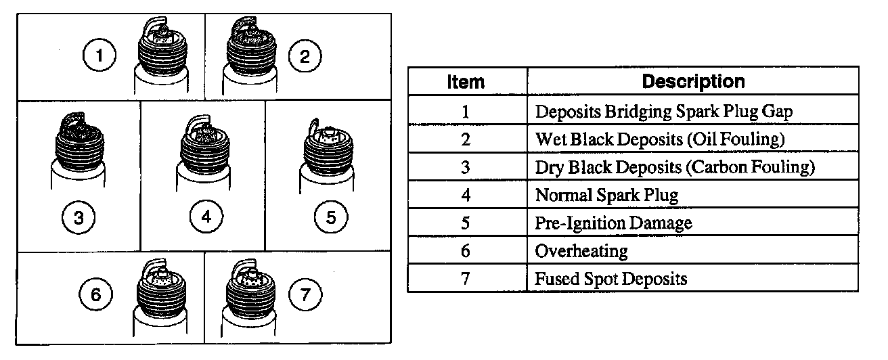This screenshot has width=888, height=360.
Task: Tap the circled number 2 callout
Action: coord(305,56)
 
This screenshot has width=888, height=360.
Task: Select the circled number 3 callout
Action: coord(79,218)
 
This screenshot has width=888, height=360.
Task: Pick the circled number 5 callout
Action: coord(331,218)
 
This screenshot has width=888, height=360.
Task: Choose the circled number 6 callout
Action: coord(95,295)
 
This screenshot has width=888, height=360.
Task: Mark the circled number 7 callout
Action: coord(305,295)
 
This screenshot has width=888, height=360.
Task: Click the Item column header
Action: coord(466,82)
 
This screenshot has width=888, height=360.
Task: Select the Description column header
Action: coord(692,82)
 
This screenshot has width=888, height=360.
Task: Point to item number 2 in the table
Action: coord(466,139)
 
